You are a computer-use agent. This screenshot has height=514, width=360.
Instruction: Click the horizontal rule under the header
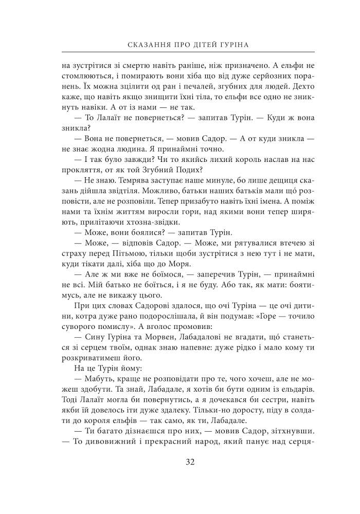[x=188, y=53]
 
